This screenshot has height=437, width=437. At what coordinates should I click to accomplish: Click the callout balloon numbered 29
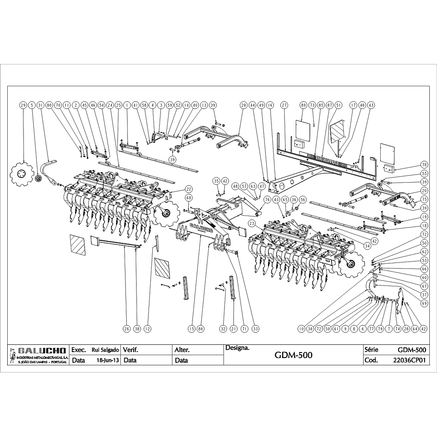tap(23, 105)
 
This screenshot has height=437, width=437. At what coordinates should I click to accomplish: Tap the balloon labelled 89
tap(303, 105)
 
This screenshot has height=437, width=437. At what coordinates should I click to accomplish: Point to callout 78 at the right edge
tap(424, 164)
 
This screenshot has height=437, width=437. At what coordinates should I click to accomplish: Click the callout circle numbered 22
tap(188, 189)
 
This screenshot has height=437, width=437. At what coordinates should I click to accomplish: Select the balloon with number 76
tap(267, 199)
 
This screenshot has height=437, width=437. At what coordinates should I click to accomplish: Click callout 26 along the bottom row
tap(126, 329)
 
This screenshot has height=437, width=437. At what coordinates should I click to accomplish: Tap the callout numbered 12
tap(147, 329)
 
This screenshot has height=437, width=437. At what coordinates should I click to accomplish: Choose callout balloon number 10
tap(302, 329)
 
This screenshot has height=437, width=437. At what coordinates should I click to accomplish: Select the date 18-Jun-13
tap(105, 360)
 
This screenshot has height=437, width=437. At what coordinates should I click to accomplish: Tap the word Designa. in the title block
tap(237, 348)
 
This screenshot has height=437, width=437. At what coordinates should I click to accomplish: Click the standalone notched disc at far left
tap(22, 174)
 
